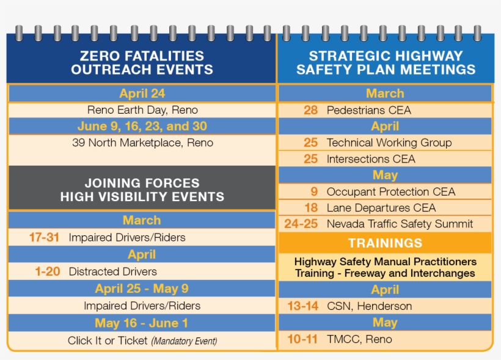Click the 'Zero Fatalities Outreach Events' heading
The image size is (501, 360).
tap(142, 63)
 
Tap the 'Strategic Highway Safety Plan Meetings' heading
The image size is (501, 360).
tap(386, 63)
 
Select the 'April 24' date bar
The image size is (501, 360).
tap(142, 94)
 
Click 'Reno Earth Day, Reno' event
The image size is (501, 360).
tap(142, 110)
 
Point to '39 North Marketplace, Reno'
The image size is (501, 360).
tap(142, 142)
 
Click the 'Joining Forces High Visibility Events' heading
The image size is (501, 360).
tap(142, 189)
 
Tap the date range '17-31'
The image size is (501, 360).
tap(44, 238)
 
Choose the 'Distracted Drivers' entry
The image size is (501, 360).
tap(113, 272)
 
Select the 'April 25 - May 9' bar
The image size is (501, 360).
tap(142, 288)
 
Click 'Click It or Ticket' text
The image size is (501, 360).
tap(108, 340)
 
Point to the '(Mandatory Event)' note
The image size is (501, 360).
tap(185, 341)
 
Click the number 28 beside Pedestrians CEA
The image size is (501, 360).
tap(310, 110)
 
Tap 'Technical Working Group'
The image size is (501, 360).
tap(389, 142)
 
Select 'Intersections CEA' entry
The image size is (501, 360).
tap(371, 159)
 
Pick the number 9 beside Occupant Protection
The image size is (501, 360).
tap(314, 191)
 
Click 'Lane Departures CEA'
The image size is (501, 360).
tap(381, 208)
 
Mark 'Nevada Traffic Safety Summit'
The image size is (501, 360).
tap(400, 224)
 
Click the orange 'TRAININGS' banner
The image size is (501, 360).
tap(385, 243)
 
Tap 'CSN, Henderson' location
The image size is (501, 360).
tap(370, 306)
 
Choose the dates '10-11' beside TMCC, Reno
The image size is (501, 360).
tap(302, 339)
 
